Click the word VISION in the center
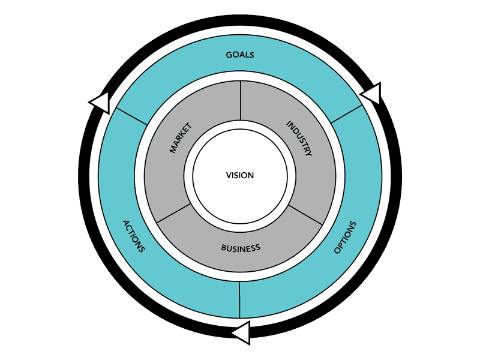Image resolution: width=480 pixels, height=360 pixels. (x=240, y=175)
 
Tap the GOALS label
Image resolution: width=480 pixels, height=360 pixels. (x=240, y=55)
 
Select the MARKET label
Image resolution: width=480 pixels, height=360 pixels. (x=180, y=138)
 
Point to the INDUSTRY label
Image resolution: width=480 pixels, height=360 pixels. (x=299, y=139)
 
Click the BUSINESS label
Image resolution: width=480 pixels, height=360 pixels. (x=240, y=248)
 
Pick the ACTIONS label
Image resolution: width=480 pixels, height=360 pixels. (x=133, y=236)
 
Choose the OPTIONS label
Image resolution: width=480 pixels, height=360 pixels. (x=345, y=237)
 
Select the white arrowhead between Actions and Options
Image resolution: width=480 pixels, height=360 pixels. (x=241, y=332)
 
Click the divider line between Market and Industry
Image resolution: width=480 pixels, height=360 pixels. (x=240, y=100)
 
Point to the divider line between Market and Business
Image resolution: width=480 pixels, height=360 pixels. (x=174, y=214)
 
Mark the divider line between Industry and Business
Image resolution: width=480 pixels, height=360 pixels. (x=305, y=214)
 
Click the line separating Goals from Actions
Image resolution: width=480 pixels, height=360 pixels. (x=131, y=116)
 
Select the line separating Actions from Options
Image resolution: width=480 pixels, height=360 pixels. (x=239, y=299)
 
